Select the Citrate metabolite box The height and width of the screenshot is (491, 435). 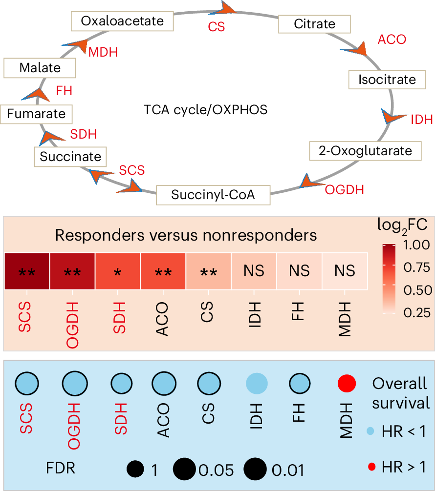(314, 23)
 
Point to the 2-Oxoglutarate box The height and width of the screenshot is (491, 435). (365, 151)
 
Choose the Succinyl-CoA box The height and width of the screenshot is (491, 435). (213, 195)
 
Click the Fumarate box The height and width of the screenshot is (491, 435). (36, 114)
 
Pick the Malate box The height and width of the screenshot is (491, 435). (40, 68)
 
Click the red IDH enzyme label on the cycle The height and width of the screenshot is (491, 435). (421, 120)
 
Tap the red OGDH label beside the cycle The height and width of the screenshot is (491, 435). (345, 189)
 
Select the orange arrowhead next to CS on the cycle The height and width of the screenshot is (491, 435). (228, 8)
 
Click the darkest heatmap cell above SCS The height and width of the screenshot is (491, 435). (27, 271)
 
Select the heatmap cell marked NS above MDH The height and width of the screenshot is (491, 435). (345, 271)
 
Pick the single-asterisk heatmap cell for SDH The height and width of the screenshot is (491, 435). (117, 271)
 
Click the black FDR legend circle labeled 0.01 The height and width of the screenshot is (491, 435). (254, 470)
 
